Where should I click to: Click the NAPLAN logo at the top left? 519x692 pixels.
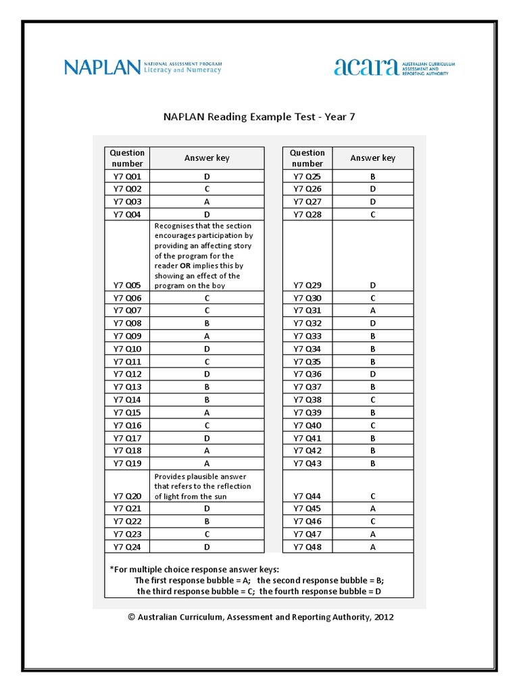pos(103,67)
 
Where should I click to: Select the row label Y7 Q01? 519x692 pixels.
pos(127,176)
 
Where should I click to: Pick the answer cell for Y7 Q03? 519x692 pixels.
pos(207,201)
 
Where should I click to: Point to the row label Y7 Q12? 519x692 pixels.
pos(127,374)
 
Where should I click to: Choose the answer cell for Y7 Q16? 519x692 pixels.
pos(207,425)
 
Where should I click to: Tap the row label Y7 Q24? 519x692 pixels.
pos(127,547)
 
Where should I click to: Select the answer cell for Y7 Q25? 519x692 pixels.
pos(372,176)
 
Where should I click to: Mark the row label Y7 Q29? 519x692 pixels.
pos(307,285)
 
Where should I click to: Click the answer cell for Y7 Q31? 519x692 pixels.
pos(372,310)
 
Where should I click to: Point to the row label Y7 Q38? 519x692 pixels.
pos(307,399)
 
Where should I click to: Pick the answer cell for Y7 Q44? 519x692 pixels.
pos(372,496)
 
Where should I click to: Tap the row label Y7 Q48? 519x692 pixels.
pos(307,547)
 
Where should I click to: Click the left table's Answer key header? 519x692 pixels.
pos(207,158)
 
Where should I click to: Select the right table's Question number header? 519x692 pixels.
pos(307,158)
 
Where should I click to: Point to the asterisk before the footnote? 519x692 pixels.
pos(112,568)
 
